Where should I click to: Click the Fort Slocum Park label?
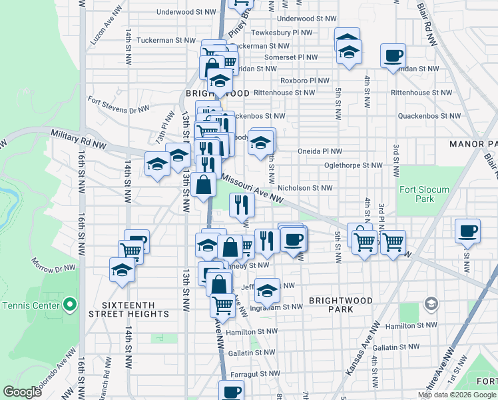click(424, 194)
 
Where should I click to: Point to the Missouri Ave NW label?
click(252, 187)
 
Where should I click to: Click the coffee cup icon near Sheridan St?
click(393, 55)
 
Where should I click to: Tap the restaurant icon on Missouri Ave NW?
click(242, 205)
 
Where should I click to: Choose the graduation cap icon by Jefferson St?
click(267, 290)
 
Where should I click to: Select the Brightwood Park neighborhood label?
click(340, 305)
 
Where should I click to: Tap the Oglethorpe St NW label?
click(353, 165)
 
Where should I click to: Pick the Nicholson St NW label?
click(305, 188)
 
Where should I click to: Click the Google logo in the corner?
click(23, 392)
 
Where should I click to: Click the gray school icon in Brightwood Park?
click(431, 305)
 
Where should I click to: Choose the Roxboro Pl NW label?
click(304, 80)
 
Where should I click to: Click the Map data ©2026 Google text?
click(457, 395)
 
